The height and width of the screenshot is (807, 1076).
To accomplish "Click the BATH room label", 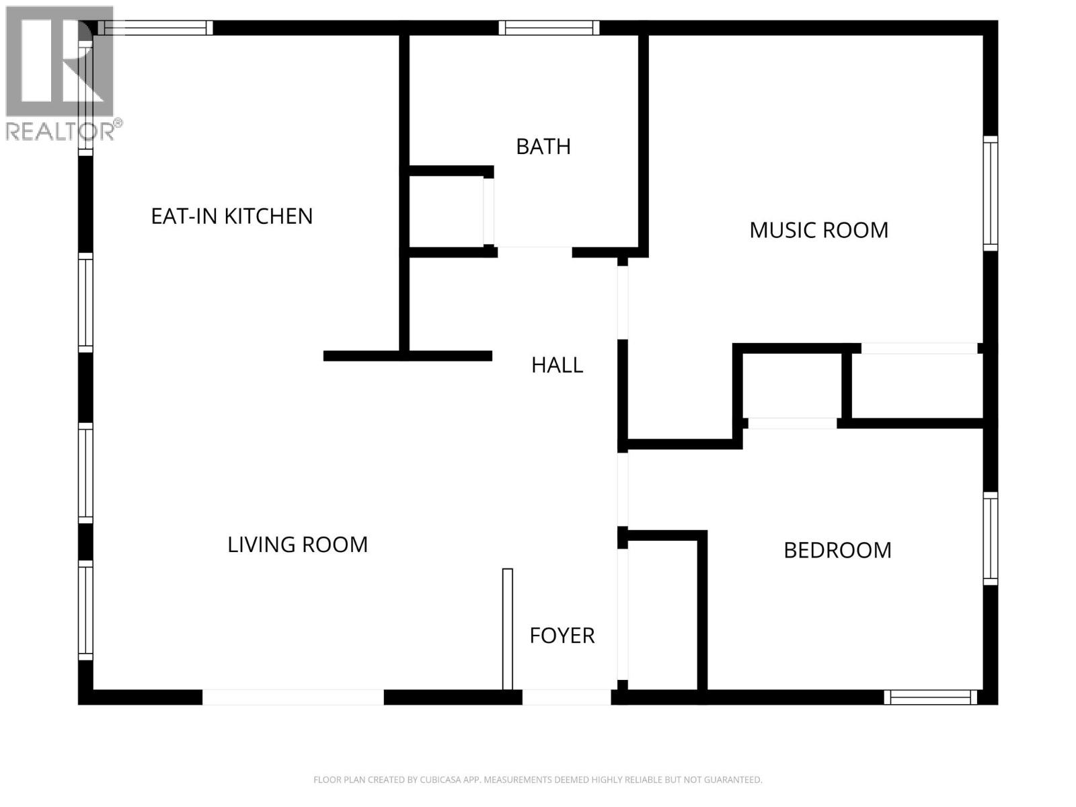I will click(543, 146).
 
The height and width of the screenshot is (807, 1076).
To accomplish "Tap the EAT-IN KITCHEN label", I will click(231, 216).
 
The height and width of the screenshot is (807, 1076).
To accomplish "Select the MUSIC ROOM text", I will click(818, 230).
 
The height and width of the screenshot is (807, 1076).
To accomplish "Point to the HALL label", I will click(557, 365).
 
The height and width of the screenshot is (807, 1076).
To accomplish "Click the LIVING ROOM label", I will click(297, 544).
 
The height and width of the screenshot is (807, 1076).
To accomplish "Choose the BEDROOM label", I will click(837, 550).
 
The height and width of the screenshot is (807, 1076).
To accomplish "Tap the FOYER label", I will click(562, 636).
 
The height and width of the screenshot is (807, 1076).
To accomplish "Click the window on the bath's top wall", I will click(549, 28).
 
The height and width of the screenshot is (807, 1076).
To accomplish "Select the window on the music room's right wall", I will click(990, 193).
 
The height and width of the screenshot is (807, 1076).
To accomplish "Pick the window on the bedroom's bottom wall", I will click(931, 697).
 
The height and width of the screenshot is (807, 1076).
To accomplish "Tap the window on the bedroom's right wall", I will click(990, 538).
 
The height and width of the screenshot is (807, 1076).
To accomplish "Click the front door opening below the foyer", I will click(566, 697).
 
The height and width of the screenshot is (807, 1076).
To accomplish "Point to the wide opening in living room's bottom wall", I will click(293, 697).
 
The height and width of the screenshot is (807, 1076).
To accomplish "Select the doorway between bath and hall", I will click(535, 252).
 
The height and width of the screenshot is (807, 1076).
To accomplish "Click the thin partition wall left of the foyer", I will click(507, 629).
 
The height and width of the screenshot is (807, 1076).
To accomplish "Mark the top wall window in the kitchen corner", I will click(155, 28).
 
